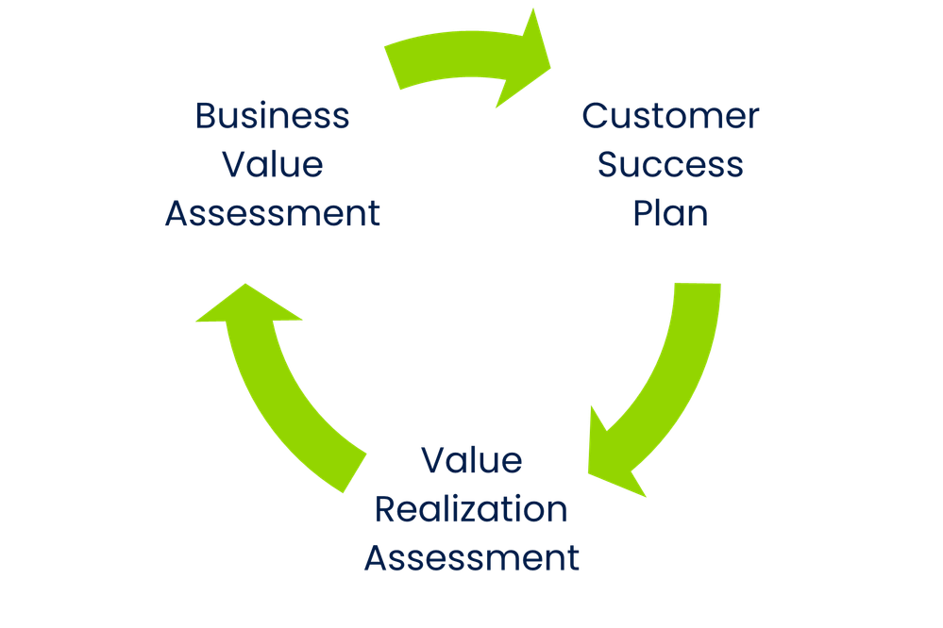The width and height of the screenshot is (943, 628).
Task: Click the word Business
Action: [x=272, y=117]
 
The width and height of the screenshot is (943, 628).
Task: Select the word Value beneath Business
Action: [x=272, y=165]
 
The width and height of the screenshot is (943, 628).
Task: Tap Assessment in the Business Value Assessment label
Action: [x=272, y=213]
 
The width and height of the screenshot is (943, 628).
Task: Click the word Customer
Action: [x=670, y=117]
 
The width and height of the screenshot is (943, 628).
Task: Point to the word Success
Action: [x=670, y=165]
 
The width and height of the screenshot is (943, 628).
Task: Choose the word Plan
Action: [x=670, y=213]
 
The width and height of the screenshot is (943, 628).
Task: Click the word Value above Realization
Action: [x=471, y=461]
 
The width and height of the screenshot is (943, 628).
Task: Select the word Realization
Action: [x=471, y=510]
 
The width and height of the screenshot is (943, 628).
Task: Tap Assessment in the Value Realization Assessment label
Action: [x=471, y=559]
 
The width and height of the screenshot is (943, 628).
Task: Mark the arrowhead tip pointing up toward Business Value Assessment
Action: [x=244, y=283]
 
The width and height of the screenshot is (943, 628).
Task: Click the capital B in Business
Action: [x=205, y=117]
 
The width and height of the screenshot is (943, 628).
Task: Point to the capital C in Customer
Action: [x=594, y=117]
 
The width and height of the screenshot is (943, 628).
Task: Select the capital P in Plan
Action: [x=642, y=213]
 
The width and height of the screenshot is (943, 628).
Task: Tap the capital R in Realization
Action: [x=384, y=510]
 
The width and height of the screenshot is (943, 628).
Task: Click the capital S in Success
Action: [x=608, y=165]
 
